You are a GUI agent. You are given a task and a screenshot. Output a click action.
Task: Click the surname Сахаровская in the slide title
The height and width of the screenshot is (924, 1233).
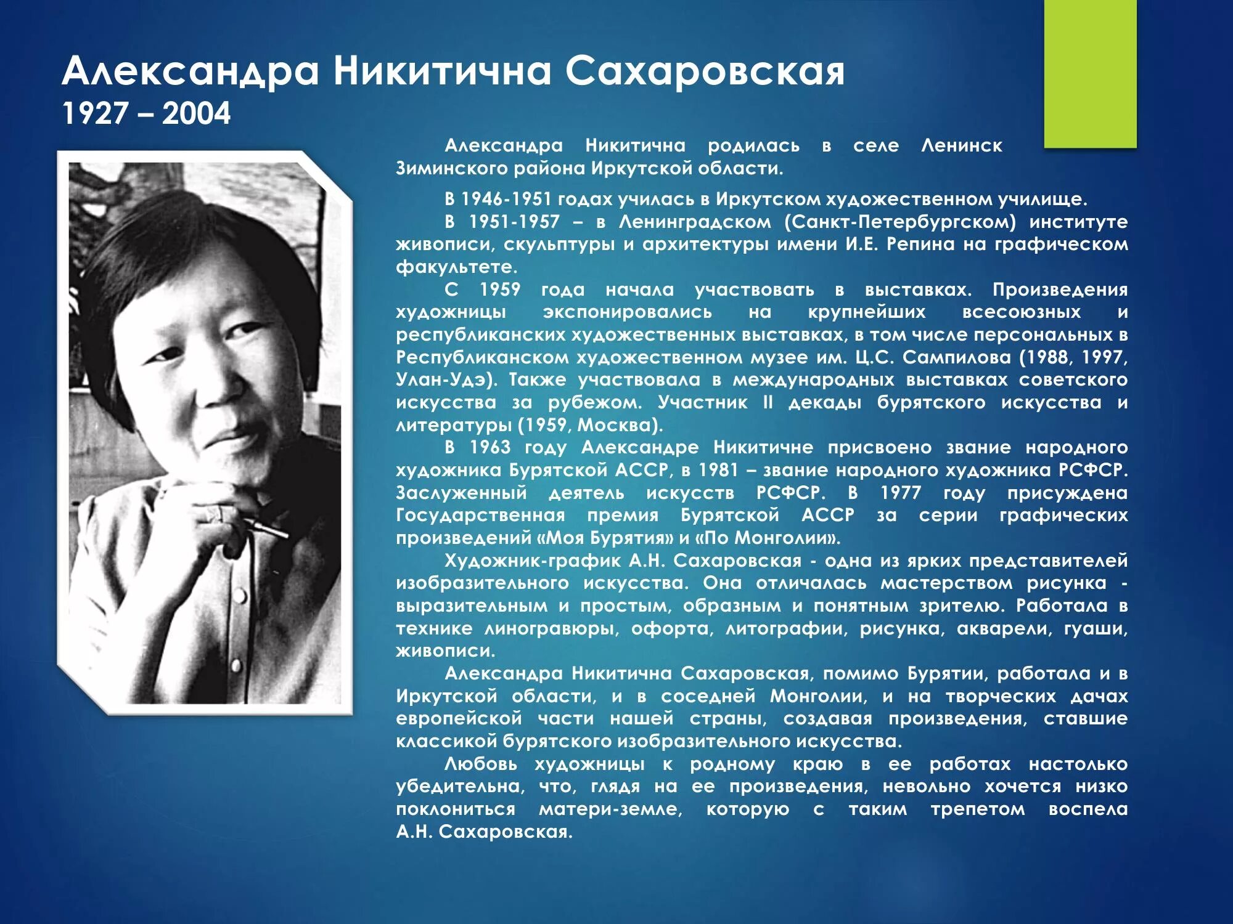705,71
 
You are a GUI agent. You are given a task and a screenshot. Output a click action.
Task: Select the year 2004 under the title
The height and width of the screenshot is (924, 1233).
196,114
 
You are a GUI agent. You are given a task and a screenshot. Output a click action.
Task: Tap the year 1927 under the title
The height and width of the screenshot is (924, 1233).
95,114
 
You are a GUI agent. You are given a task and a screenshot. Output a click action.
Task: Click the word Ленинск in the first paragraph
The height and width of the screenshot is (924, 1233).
961,146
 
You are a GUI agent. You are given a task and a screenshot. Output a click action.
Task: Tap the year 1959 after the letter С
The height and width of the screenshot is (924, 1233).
500,290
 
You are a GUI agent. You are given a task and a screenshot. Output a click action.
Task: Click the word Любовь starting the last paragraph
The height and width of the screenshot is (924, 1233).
483,764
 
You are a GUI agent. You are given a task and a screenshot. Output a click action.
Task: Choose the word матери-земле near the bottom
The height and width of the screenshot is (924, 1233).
610,809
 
